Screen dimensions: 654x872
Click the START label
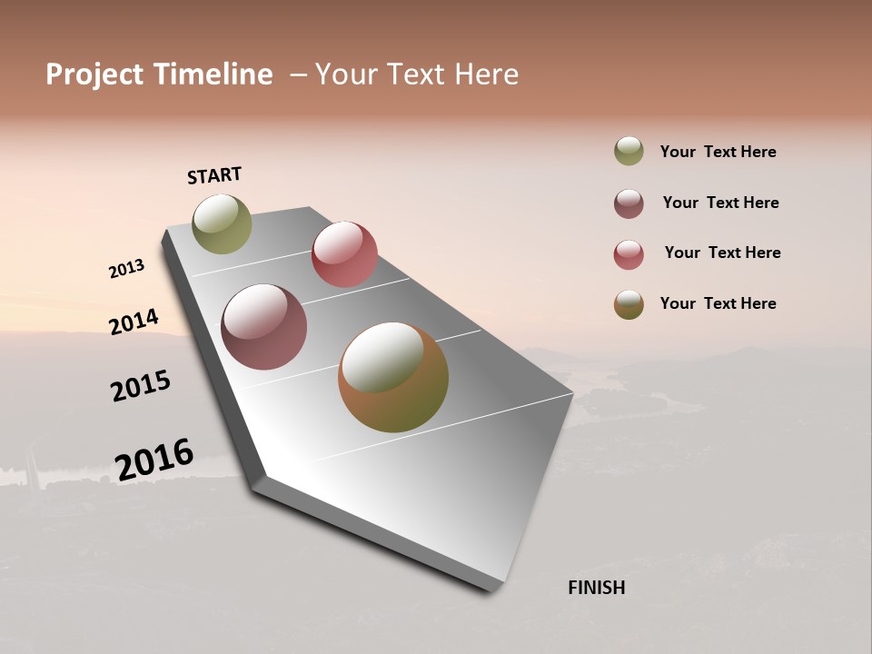(x=214, y=175)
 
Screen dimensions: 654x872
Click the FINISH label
(x=596, y=588)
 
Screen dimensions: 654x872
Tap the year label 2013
(x=126, y=269)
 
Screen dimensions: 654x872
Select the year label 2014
(x=134, y=322)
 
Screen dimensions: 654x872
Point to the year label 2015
(x=141, y=386)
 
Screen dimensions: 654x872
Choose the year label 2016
(x=154, y=460)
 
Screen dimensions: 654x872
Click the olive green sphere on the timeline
(x=222, y=223)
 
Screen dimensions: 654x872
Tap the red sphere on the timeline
(x=344, y=254)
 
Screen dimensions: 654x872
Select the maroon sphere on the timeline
(x=264, y=327)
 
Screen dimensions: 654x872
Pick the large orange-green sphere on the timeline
(x=393, y=377)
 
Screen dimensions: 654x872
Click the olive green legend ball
(x=629, y=152)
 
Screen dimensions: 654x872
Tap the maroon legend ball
(x=629, y=203)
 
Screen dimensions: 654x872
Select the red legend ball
(x=629, y=254)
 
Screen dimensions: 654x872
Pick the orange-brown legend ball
(x=629, y=304)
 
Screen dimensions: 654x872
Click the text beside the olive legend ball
(x=718, y=152)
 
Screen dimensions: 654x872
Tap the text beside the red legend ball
(x=722, y=253)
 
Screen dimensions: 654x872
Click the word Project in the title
(x=94, y=74)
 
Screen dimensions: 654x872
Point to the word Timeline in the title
(x=213, y=74)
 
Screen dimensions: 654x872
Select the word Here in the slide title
(x=487, y=74)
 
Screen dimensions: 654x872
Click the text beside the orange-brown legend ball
(x=718, y=303)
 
